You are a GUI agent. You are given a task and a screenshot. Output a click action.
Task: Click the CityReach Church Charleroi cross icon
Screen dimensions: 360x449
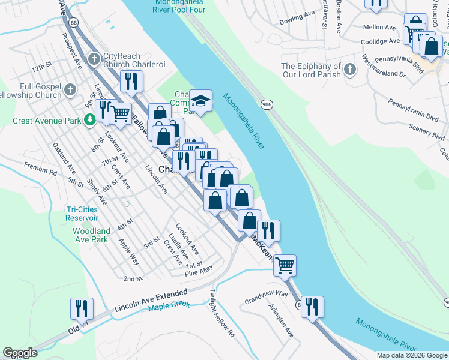[94, 59]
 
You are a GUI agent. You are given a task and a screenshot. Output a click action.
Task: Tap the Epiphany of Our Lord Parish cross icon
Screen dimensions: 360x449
[350, 70]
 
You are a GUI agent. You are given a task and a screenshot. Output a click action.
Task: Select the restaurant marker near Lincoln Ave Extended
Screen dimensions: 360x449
[82, 308]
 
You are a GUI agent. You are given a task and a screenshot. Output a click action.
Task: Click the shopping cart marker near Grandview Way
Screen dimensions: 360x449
[285, 264]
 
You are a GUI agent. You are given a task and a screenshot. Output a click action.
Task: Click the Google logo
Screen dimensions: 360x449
[20, 353]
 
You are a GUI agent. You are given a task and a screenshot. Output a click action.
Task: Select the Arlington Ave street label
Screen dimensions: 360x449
[281, 324]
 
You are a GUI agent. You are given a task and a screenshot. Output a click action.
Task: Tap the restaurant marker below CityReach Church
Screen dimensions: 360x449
[130, 81]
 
